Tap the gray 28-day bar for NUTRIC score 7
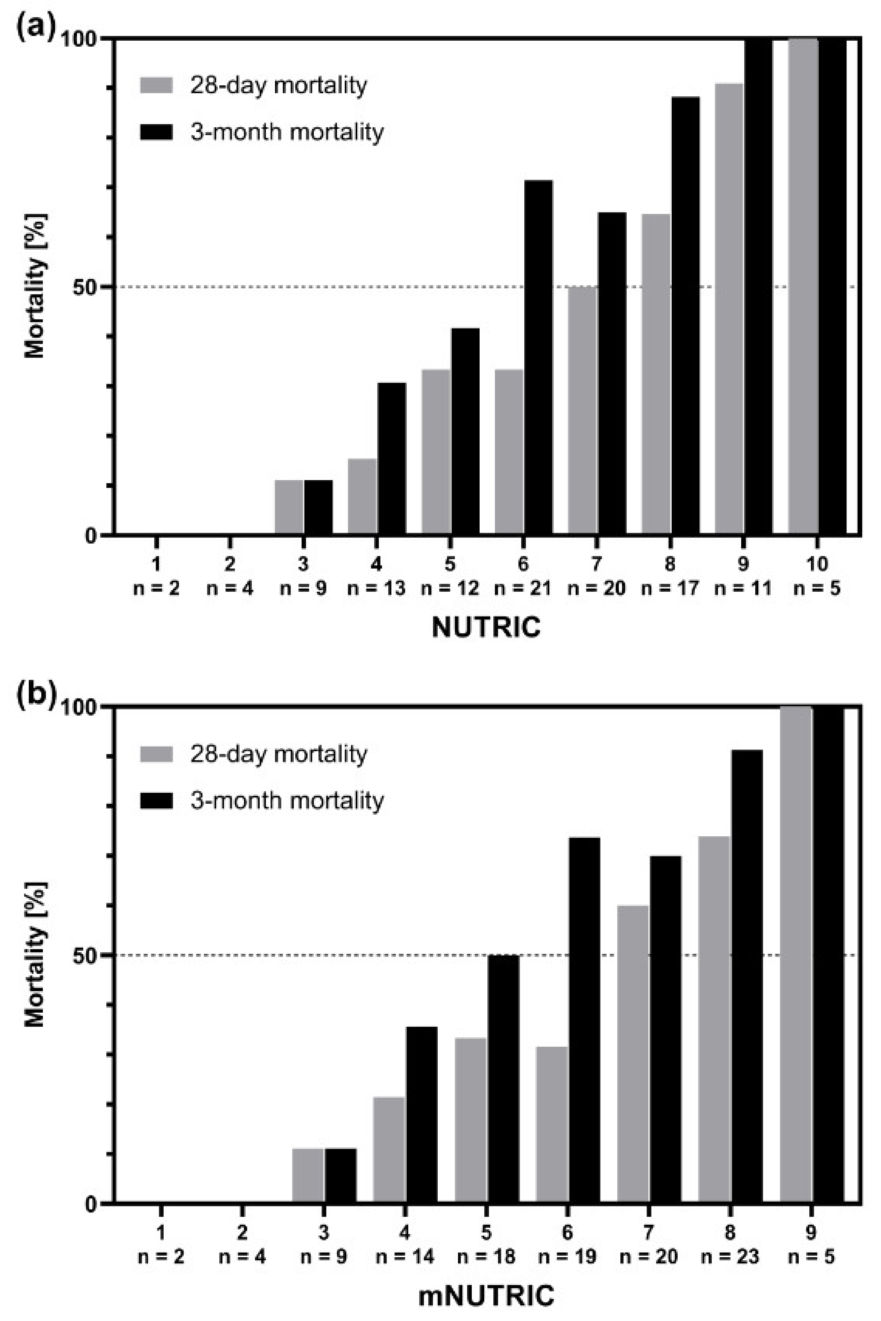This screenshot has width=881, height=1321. click(582, 410)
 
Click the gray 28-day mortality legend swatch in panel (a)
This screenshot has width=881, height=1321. click(156, 85)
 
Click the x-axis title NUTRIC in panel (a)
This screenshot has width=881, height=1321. click(486, 627)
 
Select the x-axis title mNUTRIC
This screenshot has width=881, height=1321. click(486, 1296)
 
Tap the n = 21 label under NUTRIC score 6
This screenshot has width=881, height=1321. click(522, 589)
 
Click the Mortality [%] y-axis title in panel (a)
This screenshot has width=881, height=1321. click(35, 286)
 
